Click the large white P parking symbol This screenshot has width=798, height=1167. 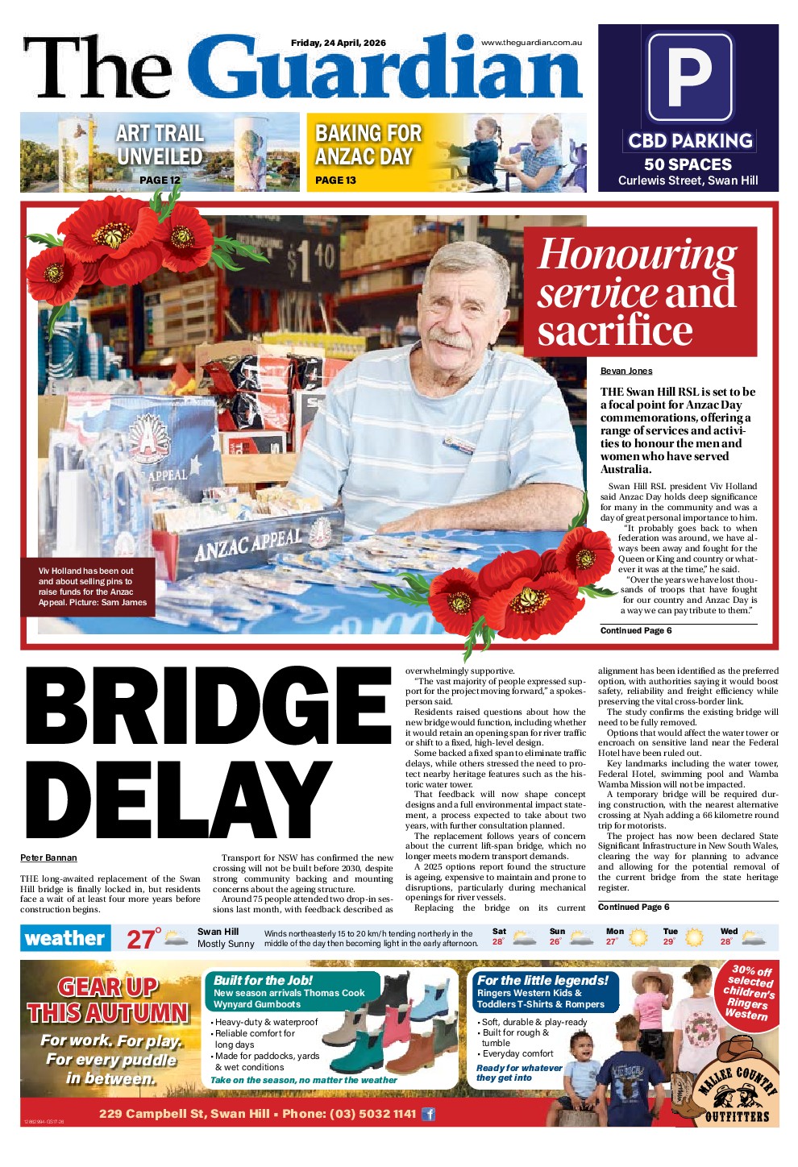tap(689, 77)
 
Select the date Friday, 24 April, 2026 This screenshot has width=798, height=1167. tap(339, 43)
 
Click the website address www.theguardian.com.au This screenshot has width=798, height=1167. tap(531, 43)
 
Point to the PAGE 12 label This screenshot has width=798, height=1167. tap(160, 181)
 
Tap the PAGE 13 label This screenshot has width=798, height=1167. tap(335, 181)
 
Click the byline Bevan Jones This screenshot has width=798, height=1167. tap(626, 371)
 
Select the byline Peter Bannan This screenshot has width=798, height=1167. tap(48, 858)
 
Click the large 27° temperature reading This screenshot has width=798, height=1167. tap(143, 939)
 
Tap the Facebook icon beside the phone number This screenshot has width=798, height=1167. tap(429, 1114)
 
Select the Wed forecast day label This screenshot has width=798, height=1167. tap(729, 931)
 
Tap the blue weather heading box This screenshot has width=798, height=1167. tap(64, 938)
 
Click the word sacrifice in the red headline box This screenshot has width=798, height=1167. tap(615, 330)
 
